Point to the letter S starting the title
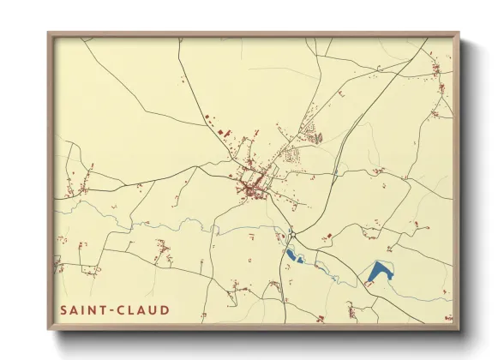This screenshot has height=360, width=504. click(64, 310)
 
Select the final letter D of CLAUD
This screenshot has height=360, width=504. click(165, 310)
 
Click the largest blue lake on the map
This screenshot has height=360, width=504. click(380, 273)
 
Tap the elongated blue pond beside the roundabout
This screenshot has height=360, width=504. click(295, 255)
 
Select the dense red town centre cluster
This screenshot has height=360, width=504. click(250, 184)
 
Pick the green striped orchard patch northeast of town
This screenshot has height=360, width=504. click(315, 135)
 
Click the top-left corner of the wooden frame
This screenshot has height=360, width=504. click(49, 33)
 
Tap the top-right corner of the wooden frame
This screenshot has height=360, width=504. click(459, 33)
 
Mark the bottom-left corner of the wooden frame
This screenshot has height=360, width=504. click(49, 329)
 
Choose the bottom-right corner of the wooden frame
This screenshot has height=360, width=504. click(459, 329)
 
